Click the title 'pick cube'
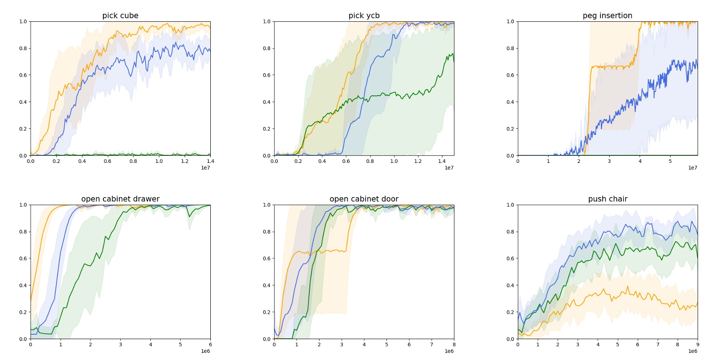point(120,16)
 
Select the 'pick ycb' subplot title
point(364,16)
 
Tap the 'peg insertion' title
point(607,16)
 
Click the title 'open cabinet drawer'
point(120,199)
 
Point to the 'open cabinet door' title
point(364,199)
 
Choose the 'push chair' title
point(608,199)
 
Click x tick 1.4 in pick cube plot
point(210,161)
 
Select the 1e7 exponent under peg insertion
point(693,168)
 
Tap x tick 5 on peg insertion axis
point(670,161)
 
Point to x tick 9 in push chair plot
point(698,344)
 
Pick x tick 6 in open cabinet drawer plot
point(210,344)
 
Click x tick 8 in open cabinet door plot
point(454,344)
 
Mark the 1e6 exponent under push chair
point(693,351)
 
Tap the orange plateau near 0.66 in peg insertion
point(612,67)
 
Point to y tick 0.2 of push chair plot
point(510,312)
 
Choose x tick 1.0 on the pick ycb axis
point(394,161)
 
